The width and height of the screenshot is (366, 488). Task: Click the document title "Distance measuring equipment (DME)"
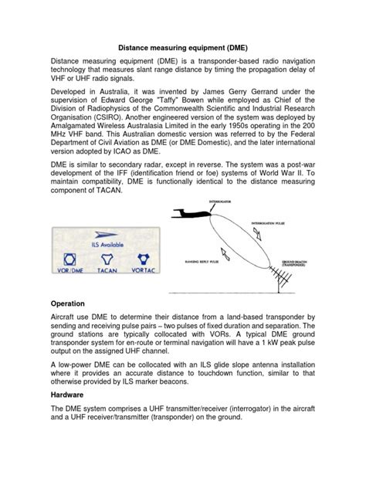click(182, 46)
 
